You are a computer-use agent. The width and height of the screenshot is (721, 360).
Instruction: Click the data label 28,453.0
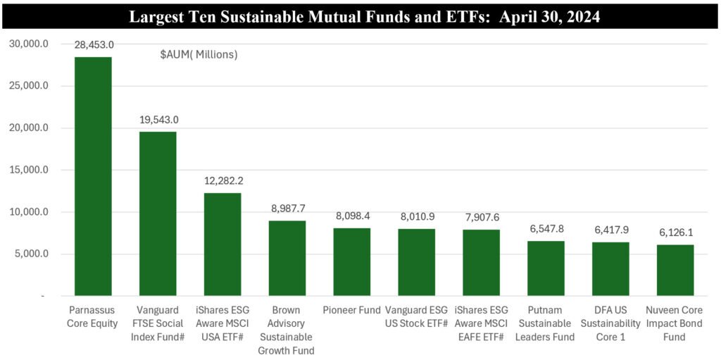(x=93, y=44)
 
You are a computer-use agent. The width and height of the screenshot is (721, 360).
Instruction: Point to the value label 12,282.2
(x=222, y=180)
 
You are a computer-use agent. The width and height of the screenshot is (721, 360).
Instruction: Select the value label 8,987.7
(x=287, y=209)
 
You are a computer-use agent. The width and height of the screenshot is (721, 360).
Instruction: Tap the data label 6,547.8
(x=546, y=229)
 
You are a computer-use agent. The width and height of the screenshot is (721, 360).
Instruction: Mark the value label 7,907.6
(x=481, y=218)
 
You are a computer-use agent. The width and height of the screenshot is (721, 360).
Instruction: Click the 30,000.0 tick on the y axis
(x=29, y=44)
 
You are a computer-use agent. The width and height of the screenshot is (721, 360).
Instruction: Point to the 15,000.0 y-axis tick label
(x=29, y=170)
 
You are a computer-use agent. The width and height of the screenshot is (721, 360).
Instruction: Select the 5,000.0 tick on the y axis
(x=32, y=254)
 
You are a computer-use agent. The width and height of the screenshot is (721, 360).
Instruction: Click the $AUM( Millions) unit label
(x=199, y=54)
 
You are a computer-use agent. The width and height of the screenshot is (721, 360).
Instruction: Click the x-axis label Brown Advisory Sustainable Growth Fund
(x=287, y=330)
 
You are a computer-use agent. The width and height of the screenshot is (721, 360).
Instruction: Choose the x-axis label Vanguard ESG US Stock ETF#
(x=417, y=316)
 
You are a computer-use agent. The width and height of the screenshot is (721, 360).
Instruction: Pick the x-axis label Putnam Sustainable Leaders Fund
(x=546, y=323)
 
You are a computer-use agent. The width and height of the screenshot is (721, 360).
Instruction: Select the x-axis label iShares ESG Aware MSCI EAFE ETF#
(x=481, y=323)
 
